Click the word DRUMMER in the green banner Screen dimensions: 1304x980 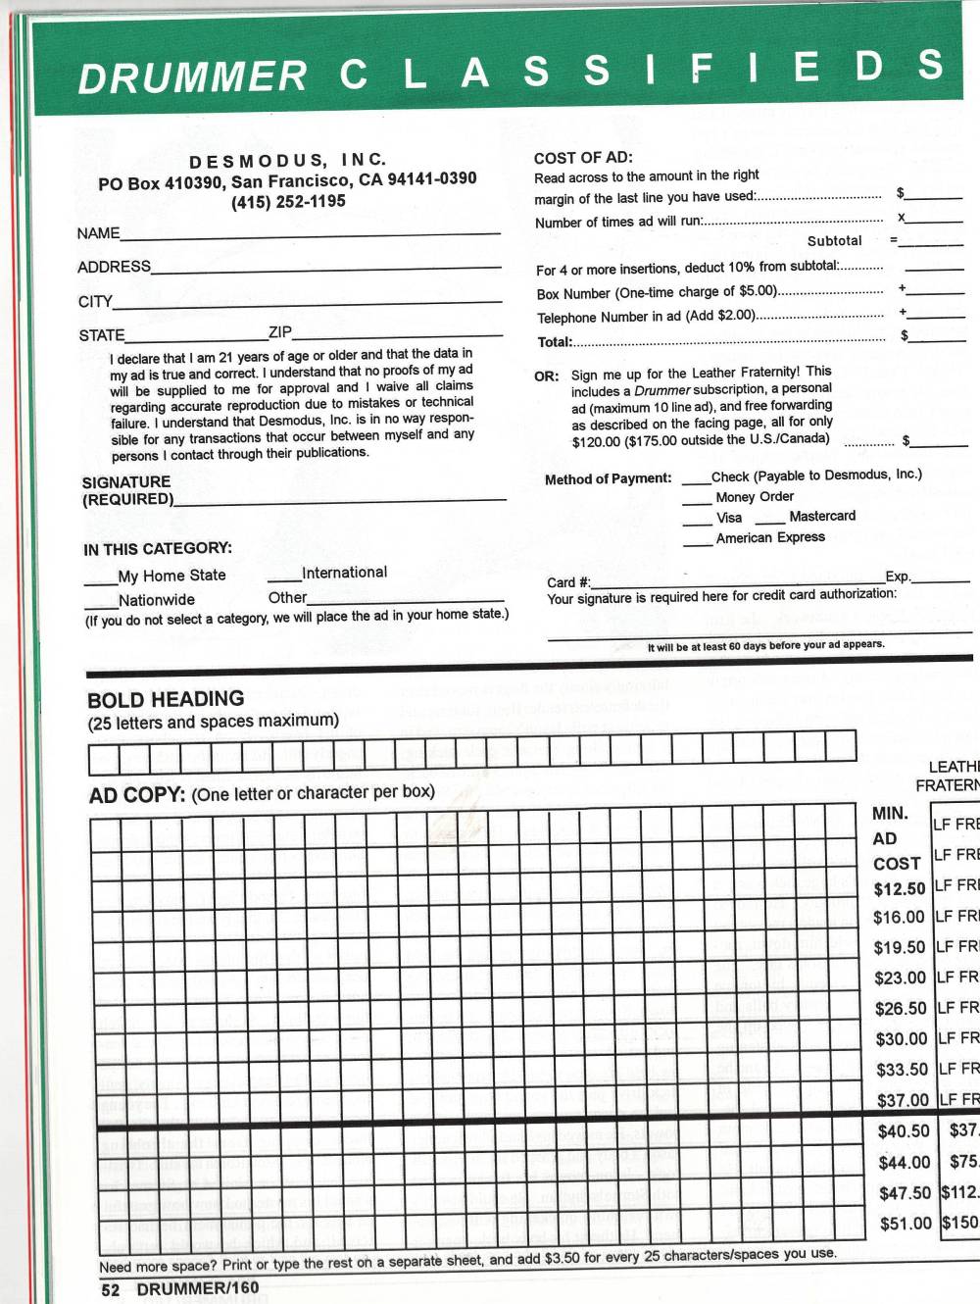[x=193, y=77]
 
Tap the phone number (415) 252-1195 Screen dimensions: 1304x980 [x=288, y=202]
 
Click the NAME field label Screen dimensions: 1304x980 [x=98, y=233]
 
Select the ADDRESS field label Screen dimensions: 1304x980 [x=114, y=267]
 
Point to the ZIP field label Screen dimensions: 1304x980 [x=279, y=332]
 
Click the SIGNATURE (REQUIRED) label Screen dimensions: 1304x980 [x=126, y=490]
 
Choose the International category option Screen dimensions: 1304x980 [x=344, y=573]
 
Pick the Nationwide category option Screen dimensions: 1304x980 [x=156, y=600]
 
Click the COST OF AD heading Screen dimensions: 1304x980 [x=583, y=158]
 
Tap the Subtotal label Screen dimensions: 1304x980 [x=834, y=241]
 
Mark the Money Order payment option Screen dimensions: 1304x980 [x=755, y=497]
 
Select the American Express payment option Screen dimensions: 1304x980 [x=770, y=538]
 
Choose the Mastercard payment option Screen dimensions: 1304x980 [x=821, y=517]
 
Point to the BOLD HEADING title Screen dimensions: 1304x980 [x=166, y=700]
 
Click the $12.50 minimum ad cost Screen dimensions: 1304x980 [x=899, y=889]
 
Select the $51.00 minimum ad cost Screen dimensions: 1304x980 [x=905, y=1224]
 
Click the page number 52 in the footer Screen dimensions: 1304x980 [x=110, y=1289]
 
